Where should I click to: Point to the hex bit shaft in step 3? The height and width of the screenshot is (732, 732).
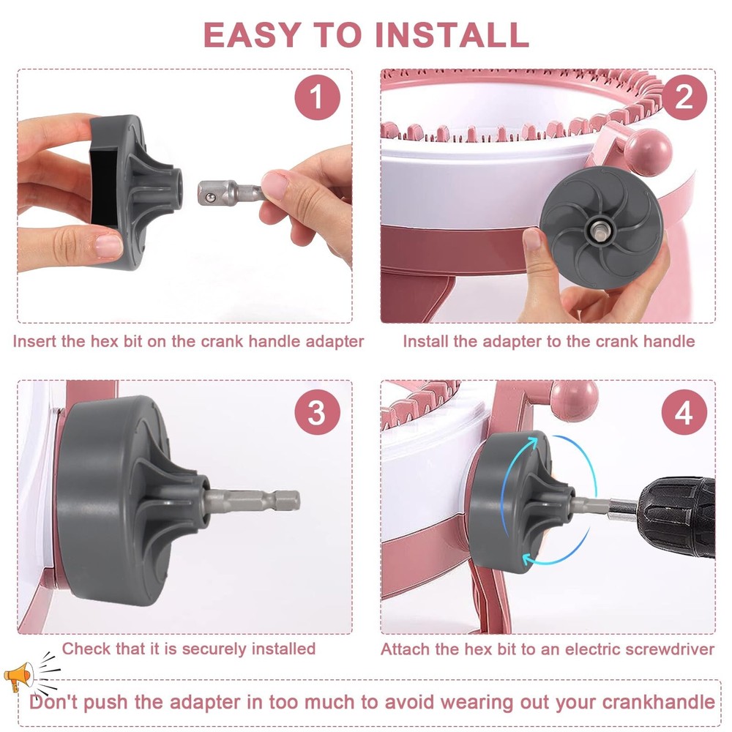pos(256,501)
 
